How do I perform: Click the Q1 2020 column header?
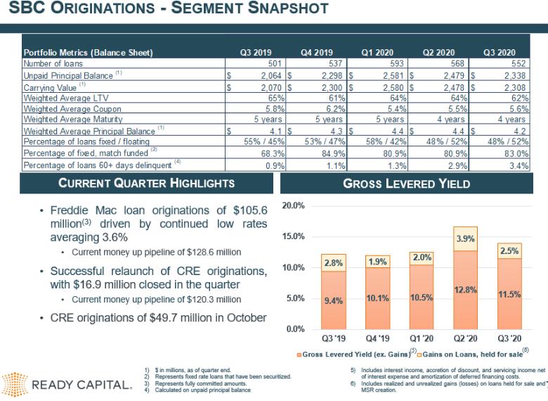(377, 53)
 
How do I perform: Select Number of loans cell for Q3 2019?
(256, 63)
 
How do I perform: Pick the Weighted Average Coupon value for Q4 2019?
(317, 108)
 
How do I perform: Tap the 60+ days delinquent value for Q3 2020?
(500, 165)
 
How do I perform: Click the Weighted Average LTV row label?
(66, 98)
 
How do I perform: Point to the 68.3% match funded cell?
(256, 153)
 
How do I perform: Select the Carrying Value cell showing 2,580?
(377, 87)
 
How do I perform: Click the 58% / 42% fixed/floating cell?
(377, 141)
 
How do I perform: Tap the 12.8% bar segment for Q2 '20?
(465, 290)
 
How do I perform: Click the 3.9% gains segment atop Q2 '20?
(465, 238)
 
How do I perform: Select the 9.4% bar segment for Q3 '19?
(334, 300)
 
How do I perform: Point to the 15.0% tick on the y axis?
(293, 236)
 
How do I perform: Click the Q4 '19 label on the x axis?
(377, 338)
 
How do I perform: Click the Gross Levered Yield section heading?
(407, 184)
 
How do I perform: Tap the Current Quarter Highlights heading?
(146, 183)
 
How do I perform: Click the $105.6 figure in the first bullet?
(250, 210)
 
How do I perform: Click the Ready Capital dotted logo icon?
(15, 385)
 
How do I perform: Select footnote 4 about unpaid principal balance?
(198, 390)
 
